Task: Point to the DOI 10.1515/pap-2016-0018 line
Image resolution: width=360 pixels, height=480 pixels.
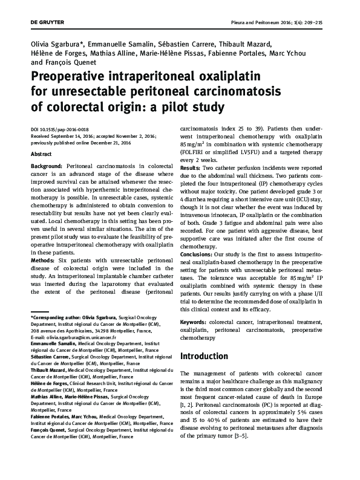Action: tap(59, 130)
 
